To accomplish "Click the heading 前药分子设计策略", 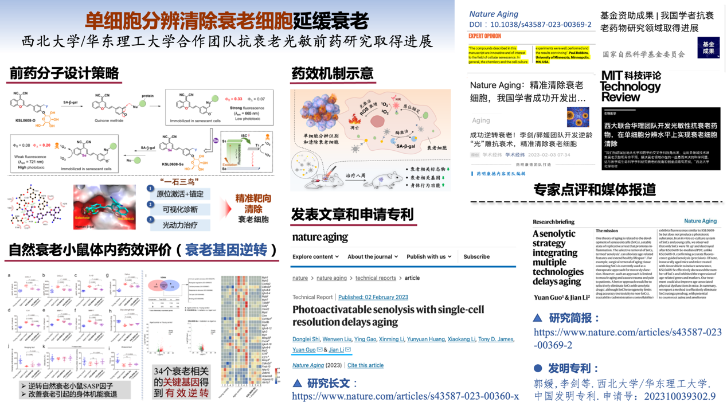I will point(64,73).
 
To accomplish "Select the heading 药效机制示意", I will point(333,73).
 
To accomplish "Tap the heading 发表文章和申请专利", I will point(352,214).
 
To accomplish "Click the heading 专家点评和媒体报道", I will point(595,190).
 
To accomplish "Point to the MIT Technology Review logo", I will point(631,87).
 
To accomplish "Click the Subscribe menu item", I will point(476,257).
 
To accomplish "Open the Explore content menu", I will point(315,257).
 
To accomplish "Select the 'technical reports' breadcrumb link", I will point(376,278).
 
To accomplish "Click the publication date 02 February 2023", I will point(373,297).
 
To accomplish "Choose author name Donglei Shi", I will point(306,339).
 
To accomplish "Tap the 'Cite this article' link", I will point(365,365).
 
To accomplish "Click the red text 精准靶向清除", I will point(253,204).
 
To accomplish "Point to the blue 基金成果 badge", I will point(708,48).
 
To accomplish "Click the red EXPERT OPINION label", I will point(484,36).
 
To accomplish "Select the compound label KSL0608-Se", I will point(173,164).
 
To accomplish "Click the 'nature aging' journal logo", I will point(320,237).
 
